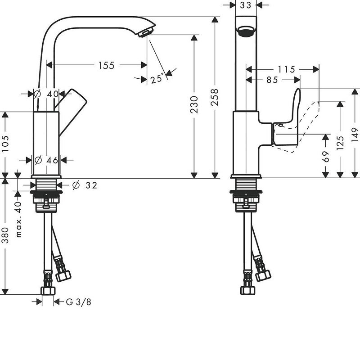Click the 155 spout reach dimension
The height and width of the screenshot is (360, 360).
pyautogui.click(x=106, y=65)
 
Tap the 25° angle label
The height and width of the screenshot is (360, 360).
pyautogui.click(x=157, y=78)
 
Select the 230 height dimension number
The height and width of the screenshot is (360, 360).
pyautogui.click(x=194, y=104)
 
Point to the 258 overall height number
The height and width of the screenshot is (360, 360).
pyautogui.click(x=215, y=97)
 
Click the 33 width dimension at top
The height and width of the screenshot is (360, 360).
pyautogui.click(x=246, y=5)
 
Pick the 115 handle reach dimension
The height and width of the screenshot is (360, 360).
pyautogui.click(x=287, y=69)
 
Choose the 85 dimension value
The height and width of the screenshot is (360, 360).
pyautogui.click(x=272, y=80)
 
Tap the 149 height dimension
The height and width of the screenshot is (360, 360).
pyautogui.click(x=355, y=135)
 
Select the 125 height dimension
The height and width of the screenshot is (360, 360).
pyautogui.click(x=340, y=143)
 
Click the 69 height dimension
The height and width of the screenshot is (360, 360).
pyautogui.click(x=325, y=156)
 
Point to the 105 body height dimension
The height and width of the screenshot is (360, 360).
pyautogui.click(x=5, y=144)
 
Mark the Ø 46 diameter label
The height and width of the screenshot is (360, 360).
pyautogui.click(x=46, y=160)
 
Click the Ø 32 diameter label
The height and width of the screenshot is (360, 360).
pyautogui.click(x=85, y=185)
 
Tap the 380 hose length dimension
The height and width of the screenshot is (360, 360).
pyautogui.click(x=5, y=235)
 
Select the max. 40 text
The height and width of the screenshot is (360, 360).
pyautogui.click(x=18, y=219)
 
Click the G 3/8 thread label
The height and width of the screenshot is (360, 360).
pyautogui.click(x=78, y=302)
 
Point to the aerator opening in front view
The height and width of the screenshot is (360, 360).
pyautogui.click(x=246, y=31)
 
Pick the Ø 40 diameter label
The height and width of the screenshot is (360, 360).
pyautogui.click(x=46, y=94)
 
